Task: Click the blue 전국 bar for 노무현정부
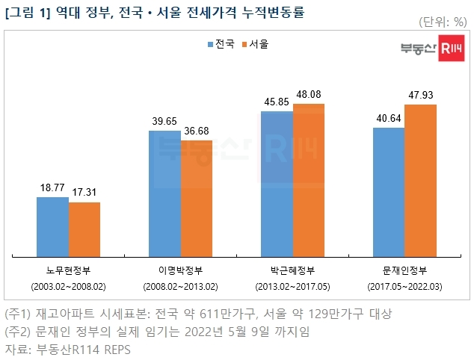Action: (x=52, y=226)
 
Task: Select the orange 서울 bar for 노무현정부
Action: (x=84, y=228)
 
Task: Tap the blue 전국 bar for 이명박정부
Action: (x=164, y=192)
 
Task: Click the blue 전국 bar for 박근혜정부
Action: (x=277, y=182)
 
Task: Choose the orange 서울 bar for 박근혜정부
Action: (x=309, y=179)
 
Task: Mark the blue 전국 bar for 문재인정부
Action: (x=388, y=190)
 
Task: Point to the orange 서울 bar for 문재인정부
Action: (x=420, y=179)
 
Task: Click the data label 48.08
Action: (x=309, y=96)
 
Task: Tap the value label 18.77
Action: (x=52, y=189)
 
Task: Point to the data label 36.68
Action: (x=197, y=131)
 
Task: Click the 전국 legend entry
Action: (x=221, y=44)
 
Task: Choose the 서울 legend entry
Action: (x=256, y=44)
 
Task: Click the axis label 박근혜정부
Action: (x=292, y=269)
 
